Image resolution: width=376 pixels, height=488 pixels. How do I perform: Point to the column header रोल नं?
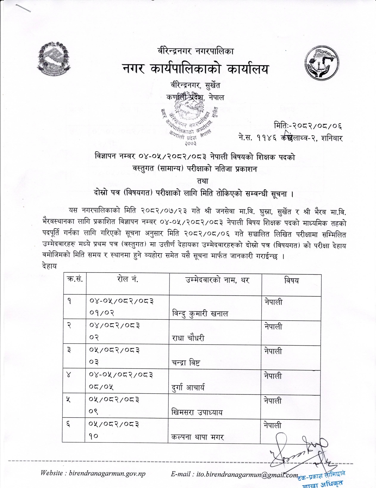pyautogui.click(x=127, y=280)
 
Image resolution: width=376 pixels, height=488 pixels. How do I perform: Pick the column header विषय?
pyautogui.click(x=291, y=280)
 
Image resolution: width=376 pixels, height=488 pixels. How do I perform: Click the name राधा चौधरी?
pyautogui.click(x=188, y=338)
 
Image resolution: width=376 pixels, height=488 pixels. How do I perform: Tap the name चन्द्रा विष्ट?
pyautogui.click(x=186, y=363)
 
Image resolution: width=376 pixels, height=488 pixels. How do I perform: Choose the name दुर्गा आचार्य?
pyautogui.click(x=188, y=388)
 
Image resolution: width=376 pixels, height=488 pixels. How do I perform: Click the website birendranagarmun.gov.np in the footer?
pyautogui.click(x=93, y=473)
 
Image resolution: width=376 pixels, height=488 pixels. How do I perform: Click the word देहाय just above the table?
pyautogui.click(x=49, y=266)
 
